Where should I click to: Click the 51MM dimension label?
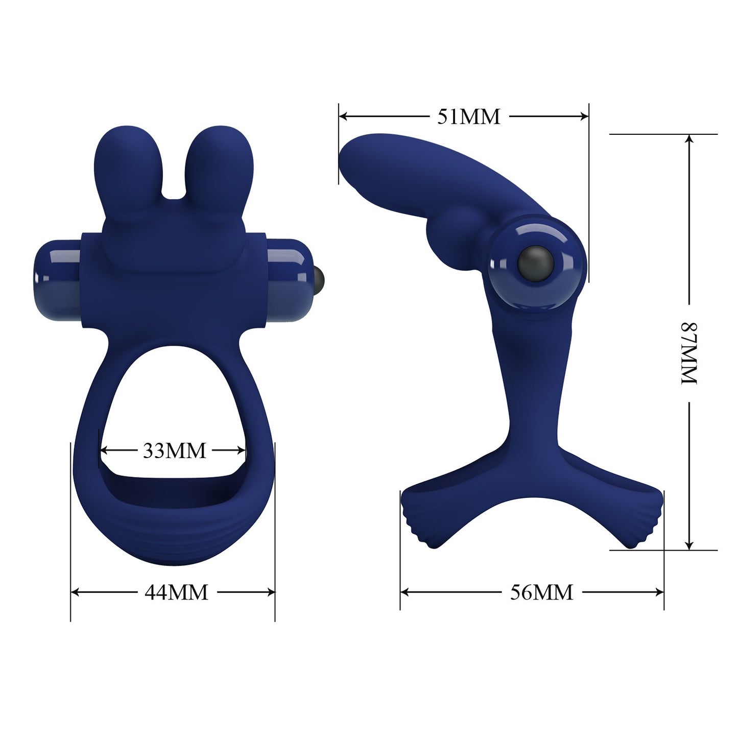(468, 117)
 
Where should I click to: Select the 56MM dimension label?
(541, 592)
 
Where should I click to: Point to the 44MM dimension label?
(176, 592)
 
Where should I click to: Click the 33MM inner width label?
(174, 450)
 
